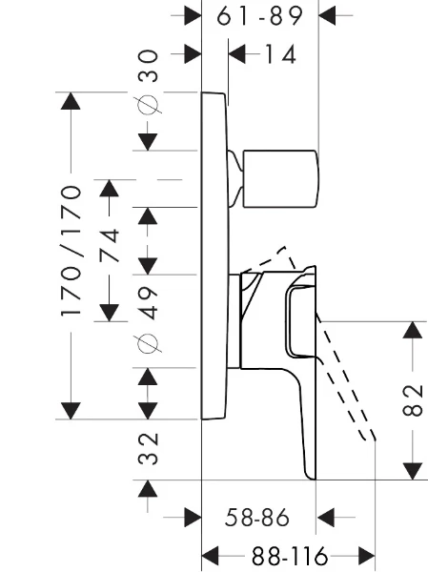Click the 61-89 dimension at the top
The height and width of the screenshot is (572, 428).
[260, 16]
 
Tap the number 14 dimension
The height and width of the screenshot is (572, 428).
[280, 54]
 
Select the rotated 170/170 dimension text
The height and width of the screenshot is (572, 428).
[71, 251]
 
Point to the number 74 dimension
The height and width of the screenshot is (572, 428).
[110, 245]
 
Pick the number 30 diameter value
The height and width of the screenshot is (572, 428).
[148, 66]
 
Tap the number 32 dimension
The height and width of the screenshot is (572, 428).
[148, 449]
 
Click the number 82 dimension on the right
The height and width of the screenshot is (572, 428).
[413, 400]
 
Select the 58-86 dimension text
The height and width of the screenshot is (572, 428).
[257, 518]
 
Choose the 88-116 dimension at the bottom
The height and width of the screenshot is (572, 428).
[290, 557]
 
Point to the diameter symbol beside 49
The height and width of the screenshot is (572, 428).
[148, 344]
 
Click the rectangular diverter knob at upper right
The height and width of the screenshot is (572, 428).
[280, 179]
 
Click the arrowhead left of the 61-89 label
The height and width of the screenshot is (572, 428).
[193, 15]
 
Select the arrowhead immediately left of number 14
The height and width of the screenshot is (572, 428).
[236, 54]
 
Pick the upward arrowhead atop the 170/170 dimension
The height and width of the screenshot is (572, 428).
[71, 101]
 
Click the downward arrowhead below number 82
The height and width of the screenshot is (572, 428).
[413, 471]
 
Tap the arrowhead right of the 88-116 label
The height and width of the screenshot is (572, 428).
[367, 557]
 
